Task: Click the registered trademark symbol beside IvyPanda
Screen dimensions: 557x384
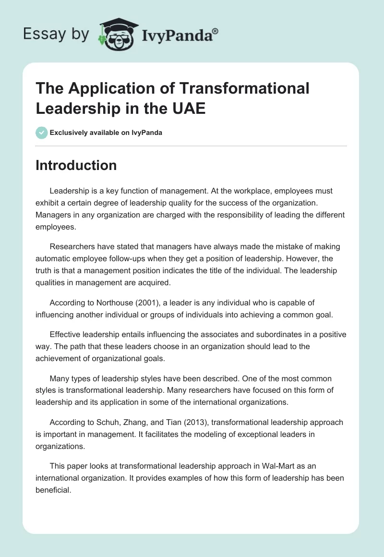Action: [216, 31]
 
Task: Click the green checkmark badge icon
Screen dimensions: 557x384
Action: [42, 133]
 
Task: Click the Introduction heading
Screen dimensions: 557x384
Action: [76, 165]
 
